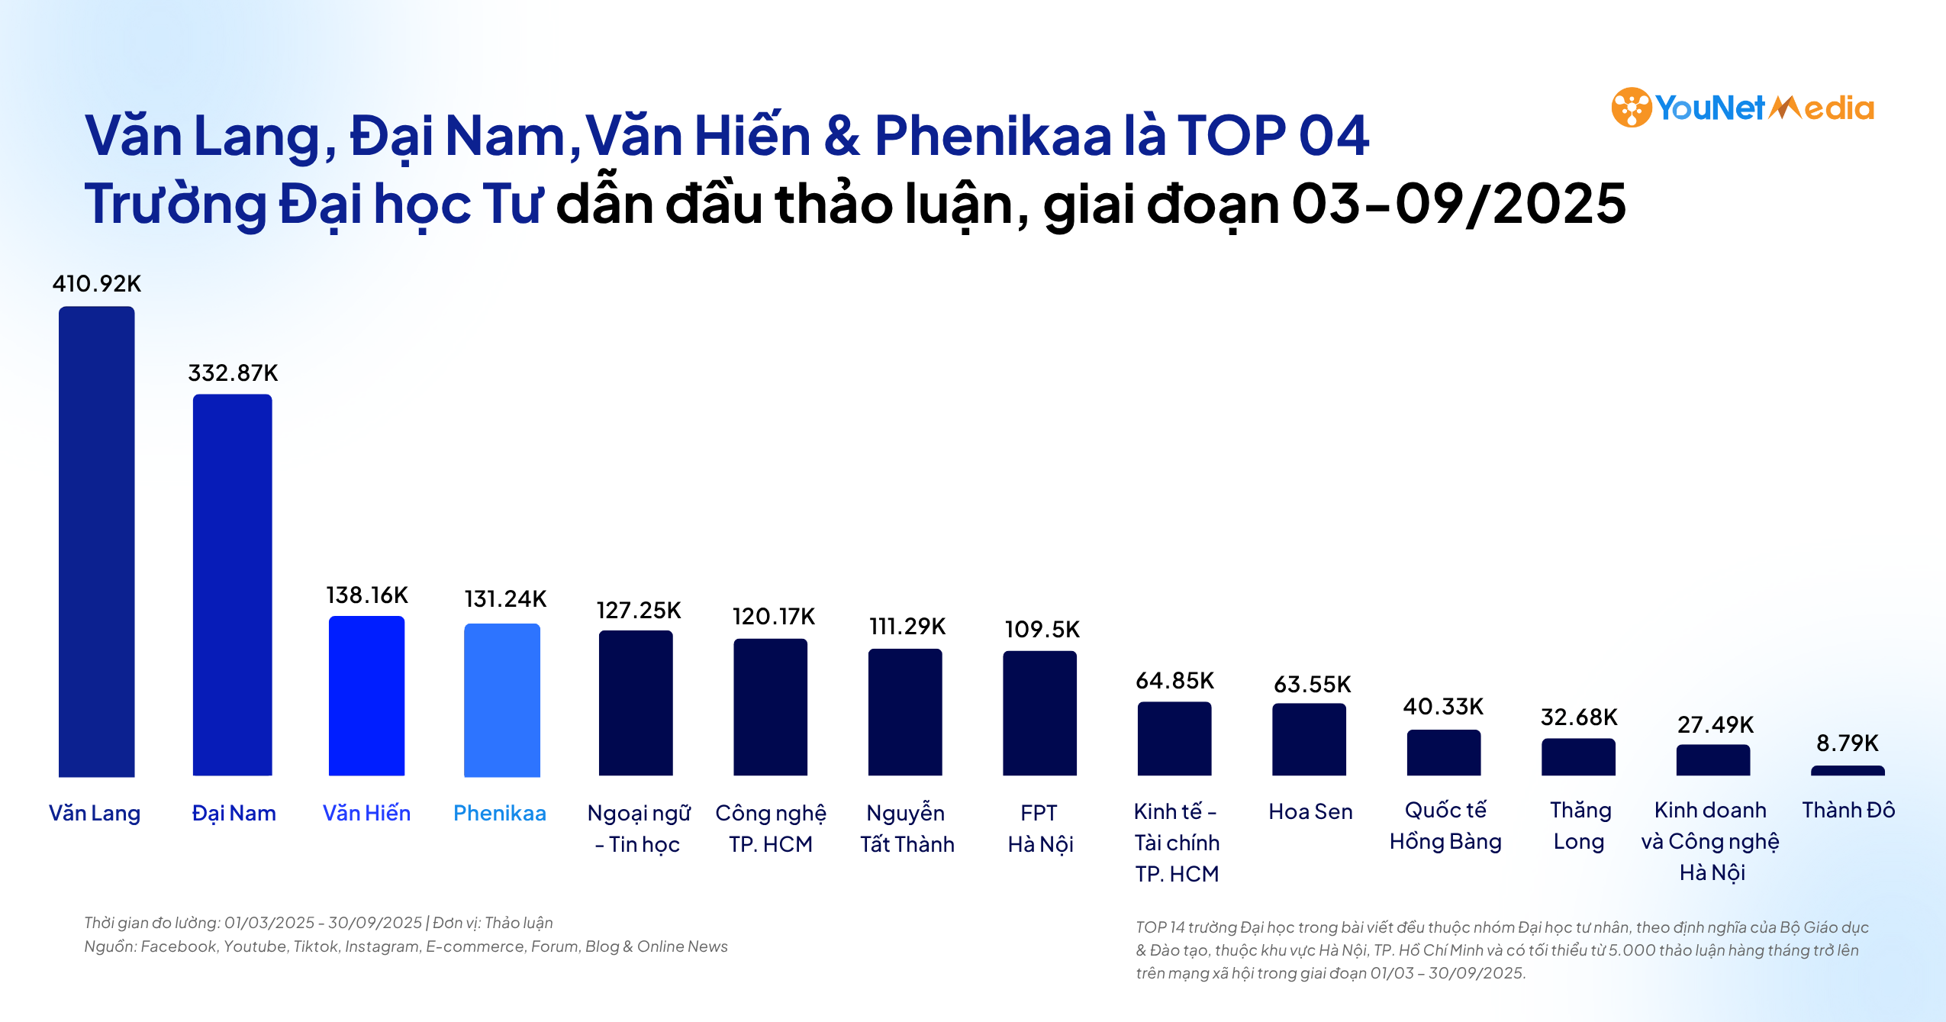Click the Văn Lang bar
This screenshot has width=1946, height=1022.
coord(97,542)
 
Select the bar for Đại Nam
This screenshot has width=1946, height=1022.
coord(232,585)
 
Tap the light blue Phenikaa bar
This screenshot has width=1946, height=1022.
coord(502,700)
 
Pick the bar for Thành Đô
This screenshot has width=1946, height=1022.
coord(1848,771)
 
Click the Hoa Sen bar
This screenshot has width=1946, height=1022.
coord(1309,740)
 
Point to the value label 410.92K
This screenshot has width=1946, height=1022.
coord(97,284)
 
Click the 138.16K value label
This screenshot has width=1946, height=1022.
coord(367,595)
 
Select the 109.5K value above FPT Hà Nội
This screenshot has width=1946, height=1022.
coord(1042,630)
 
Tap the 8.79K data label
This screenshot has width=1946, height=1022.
coord(1848,743)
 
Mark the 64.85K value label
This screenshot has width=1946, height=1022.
coord(1175,681)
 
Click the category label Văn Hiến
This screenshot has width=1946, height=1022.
coord(366,814)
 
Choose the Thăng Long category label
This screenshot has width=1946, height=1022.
coord(1580,826)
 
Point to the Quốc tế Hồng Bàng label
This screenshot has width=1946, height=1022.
coord(1445,826)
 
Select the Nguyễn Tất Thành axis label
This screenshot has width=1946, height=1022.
coord(907,829)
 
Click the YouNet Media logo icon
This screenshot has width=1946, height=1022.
coord(1632,108)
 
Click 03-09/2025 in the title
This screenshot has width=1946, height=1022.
coord(1458,205)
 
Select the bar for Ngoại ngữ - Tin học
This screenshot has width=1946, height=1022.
coord(636,703)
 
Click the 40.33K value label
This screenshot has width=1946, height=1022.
coord(1443,707)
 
